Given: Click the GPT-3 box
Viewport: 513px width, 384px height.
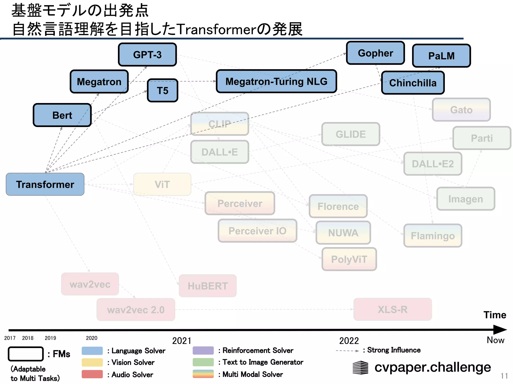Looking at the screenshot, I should click(147, 54).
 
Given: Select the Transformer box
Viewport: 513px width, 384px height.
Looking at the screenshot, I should click(45, 184).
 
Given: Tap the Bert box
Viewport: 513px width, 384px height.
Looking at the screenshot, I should click(62, 115).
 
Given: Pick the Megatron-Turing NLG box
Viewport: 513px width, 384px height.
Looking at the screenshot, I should click(276, 81).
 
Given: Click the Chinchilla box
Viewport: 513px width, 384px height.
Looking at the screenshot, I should click(413, 83).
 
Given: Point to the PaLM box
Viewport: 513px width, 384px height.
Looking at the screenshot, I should click(441, 56).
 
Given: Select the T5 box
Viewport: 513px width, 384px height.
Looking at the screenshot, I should click(163, 90).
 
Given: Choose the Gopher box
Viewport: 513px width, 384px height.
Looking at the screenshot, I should click(375, 53).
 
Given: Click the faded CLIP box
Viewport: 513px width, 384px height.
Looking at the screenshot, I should click(220, 124).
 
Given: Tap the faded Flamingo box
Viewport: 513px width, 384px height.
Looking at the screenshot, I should click(433, 235).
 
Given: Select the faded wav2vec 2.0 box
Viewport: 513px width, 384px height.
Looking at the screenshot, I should click(136, 309).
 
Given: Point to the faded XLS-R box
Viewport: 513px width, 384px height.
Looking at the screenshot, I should click(393, 309).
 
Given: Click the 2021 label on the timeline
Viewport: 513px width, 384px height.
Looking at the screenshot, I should click(182, 341).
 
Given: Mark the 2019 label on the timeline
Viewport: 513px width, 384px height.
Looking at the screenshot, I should click(50, 338).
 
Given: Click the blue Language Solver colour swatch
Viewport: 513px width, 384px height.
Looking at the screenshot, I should click(92, 350).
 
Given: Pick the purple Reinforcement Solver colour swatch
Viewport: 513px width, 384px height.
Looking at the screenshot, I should click(203, 350).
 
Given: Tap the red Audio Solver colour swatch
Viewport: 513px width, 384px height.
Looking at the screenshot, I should click(92, 374).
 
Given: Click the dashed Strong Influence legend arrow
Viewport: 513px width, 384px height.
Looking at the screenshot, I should click(347, 351).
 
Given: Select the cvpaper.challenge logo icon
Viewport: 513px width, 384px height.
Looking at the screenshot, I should click(360, 367).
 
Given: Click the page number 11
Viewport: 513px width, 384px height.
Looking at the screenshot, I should click(504, 376).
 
